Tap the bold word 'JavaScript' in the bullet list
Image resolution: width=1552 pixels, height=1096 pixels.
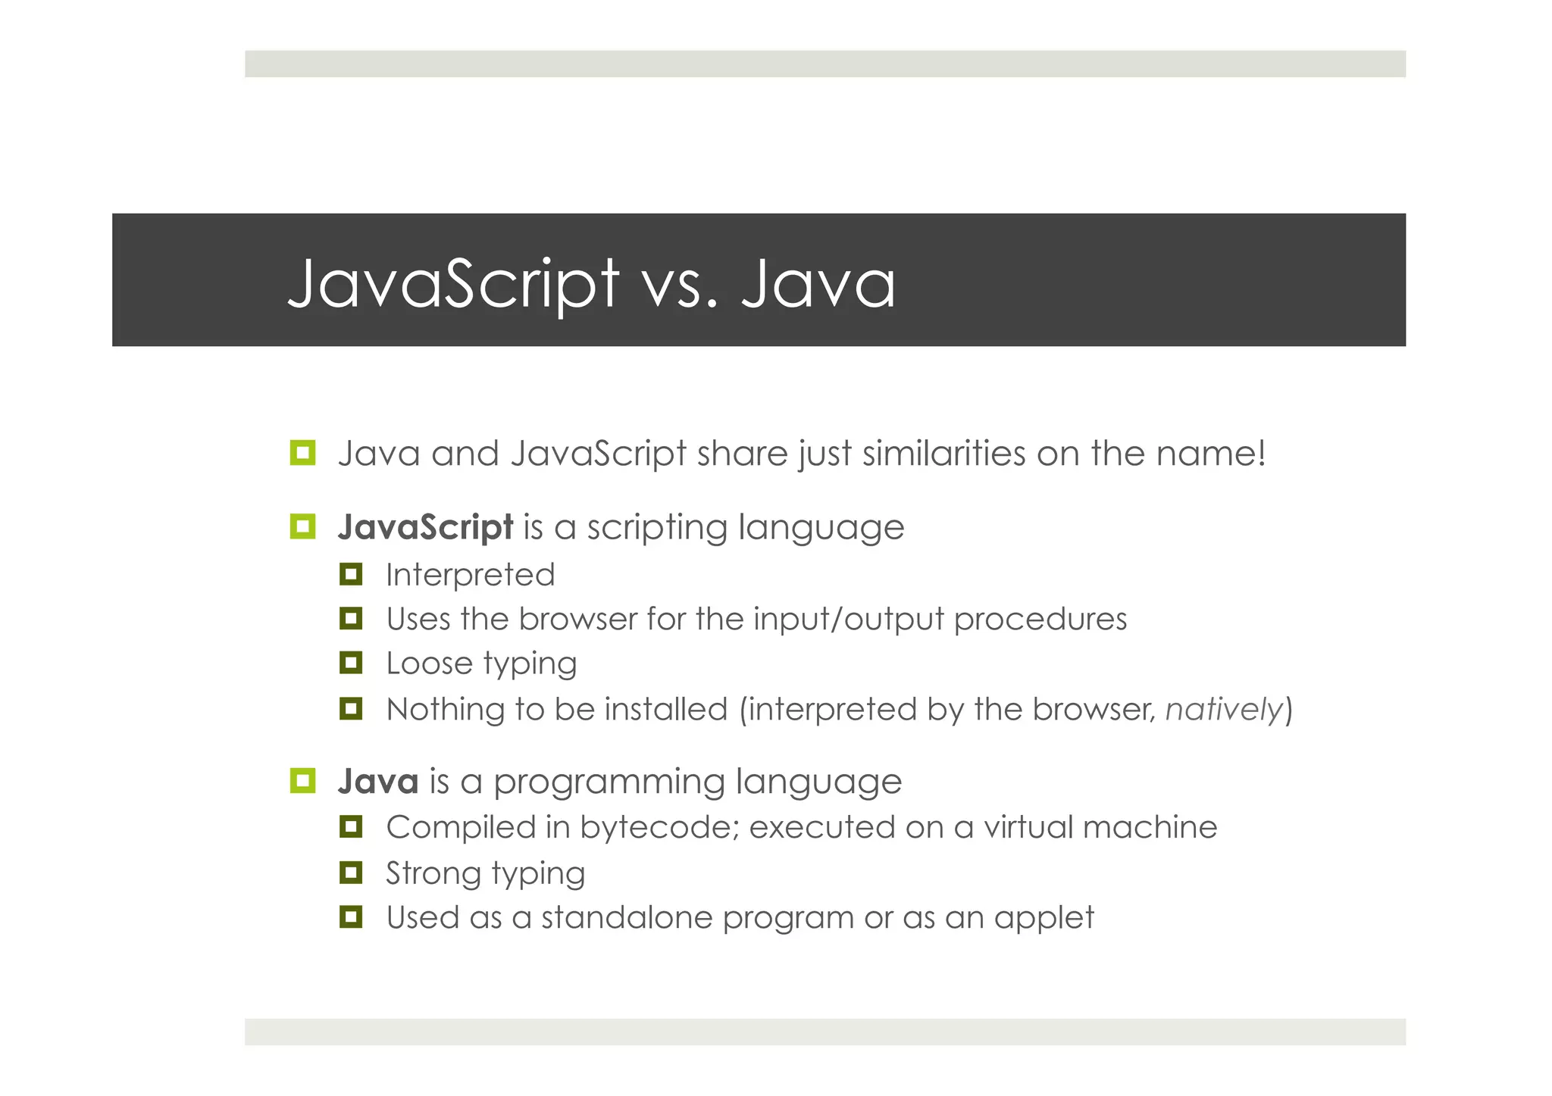425,527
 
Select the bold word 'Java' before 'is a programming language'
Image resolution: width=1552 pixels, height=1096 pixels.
378,781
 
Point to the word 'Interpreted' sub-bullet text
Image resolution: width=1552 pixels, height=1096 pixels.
470,575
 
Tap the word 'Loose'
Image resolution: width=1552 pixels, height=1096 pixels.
430,664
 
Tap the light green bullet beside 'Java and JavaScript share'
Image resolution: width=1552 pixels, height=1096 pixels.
302,453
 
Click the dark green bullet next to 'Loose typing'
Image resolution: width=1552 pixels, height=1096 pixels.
351,664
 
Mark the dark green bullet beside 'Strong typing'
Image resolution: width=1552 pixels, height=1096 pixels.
351,873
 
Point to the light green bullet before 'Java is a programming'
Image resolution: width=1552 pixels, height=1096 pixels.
302,780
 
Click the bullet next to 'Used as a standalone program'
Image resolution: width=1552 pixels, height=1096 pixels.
351,917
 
